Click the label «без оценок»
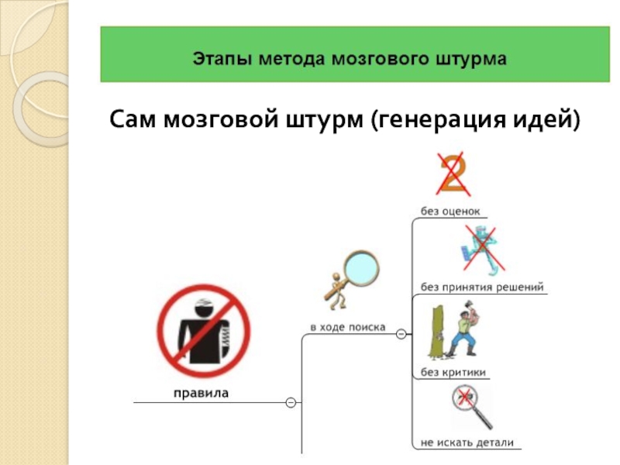(450, 210)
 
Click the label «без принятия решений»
(482, 288)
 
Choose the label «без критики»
(453, 373)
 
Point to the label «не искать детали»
(467, 443)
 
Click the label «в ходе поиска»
(347, 327)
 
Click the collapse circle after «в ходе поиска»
(401, 334)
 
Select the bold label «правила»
(200, 393)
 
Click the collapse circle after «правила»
(290, 403)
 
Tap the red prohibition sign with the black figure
(204, 331)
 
